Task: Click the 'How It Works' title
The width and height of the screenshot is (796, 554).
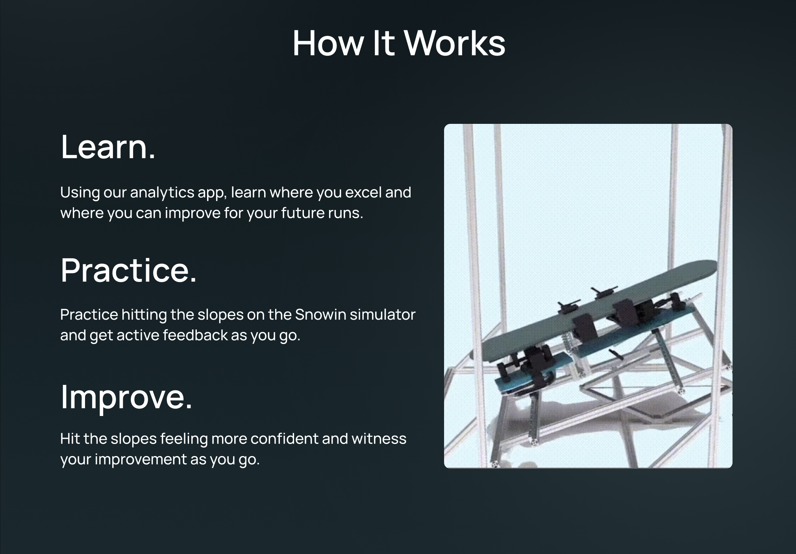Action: click(398, 43)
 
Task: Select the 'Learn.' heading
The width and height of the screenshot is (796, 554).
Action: click(108, 147)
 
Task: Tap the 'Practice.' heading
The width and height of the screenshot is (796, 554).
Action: click(128, 270)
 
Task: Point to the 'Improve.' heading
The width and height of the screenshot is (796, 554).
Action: click(126, 397)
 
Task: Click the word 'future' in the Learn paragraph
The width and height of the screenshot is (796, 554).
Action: click(300, 213)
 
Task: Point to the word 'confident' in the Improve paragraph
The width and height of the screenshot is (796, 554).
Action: click(284, 439)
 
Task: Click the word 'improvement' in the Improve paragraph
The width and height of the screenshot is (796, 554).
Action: click(140, 459)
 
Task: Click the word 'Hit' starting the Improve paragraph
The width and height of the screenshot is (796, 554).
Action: click(70, 439)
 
